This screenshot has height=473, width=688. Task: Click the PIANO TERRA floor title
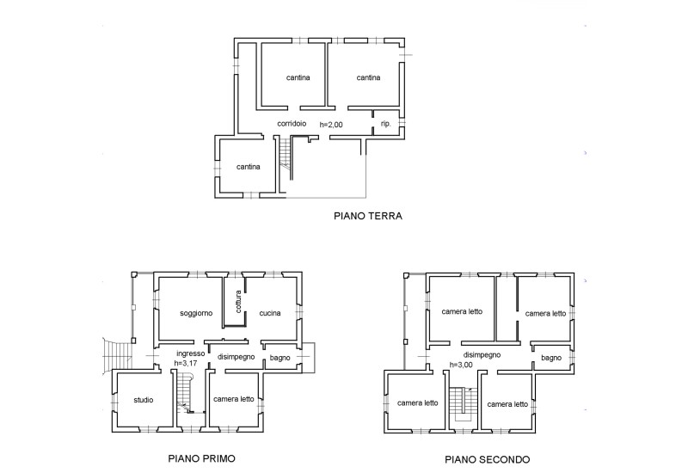(x=368, y=217)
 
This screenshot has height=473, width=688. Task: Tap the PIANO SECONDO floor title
(x=486, y=458)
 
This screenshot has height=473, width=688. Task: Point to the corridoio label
(x=292, y=124)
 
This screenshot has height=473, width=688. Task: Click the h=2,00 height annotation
(x=331, y=125)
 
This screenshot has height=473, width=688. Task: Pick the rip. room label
(x=386, y=125)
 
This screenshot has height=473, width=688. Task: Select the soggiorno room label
(x=196, y=313)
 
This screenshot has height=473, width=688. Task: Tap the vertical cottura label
(x=237, y=302)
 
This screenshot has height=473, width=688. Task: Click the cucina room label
(x=270, y=313)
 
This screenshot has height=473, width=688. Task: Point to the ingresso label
(x=190, y=353)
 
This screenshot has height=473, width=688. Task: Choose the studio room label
(x=144, y=400)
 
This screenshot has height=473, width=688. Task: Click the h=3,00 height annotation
(x=463, y=364)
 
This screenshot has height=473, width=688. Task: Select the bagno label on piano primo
(x=279, y=357)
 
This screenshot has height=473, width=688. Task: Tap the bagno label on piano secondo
(x=552, y=357)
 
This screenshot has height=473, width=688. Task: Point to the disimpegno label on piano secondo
(x=482, y=353)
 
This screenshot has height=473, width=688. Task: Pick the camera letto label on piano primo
(x=234, y=399)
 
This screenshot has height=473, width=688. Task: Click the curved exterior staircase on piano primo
(x=118, y=353)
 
